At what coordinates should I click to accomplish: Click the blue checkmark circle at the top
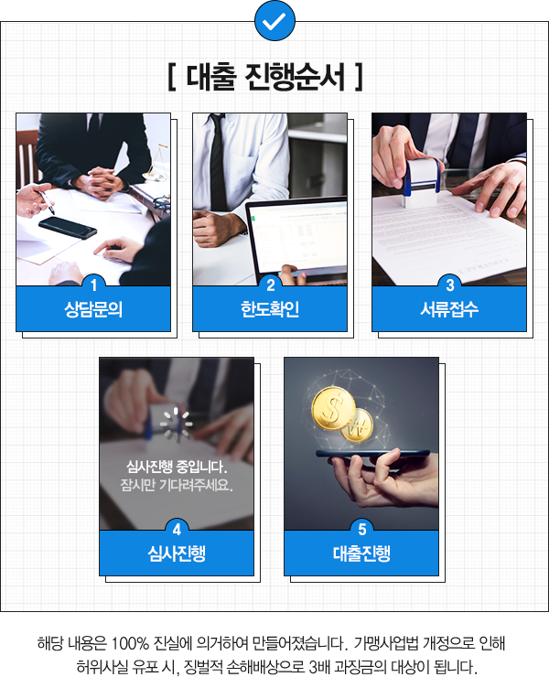tap(274, 20)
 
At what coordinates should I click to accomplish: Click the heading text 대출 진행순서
tap(265, 77)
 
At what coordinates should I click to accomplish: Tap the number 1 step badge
tap(93, 285)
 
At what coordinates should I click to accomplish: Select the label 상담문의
tap(93, 309)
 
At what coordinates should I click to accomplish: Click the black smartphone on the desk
tap(68, 227)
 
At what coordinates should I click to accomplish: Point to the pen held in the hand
tap(45, 201)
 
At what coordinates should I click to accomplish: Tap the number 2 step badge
tap(271, 285)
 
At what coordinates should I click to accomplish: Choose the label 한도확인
tap(270, 309)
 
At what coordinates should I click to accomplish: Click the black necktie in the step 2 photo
tap(218, 161)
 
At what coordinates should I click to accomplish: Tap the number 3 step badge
tap(449, 285)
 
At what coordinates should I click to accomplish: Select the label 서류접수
tap(449, 309)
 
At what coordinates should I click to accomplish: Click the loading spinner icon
tap(177, 424)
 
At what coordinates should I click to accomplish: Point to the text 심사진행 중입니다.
tap(177, 467)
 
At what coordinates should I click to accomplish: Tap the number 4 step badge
tap(177, 530)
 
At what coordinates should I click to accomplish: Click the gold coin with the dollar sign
tap(332, 408)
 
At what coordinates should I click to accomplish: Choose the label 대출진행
tap(361, 553)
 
